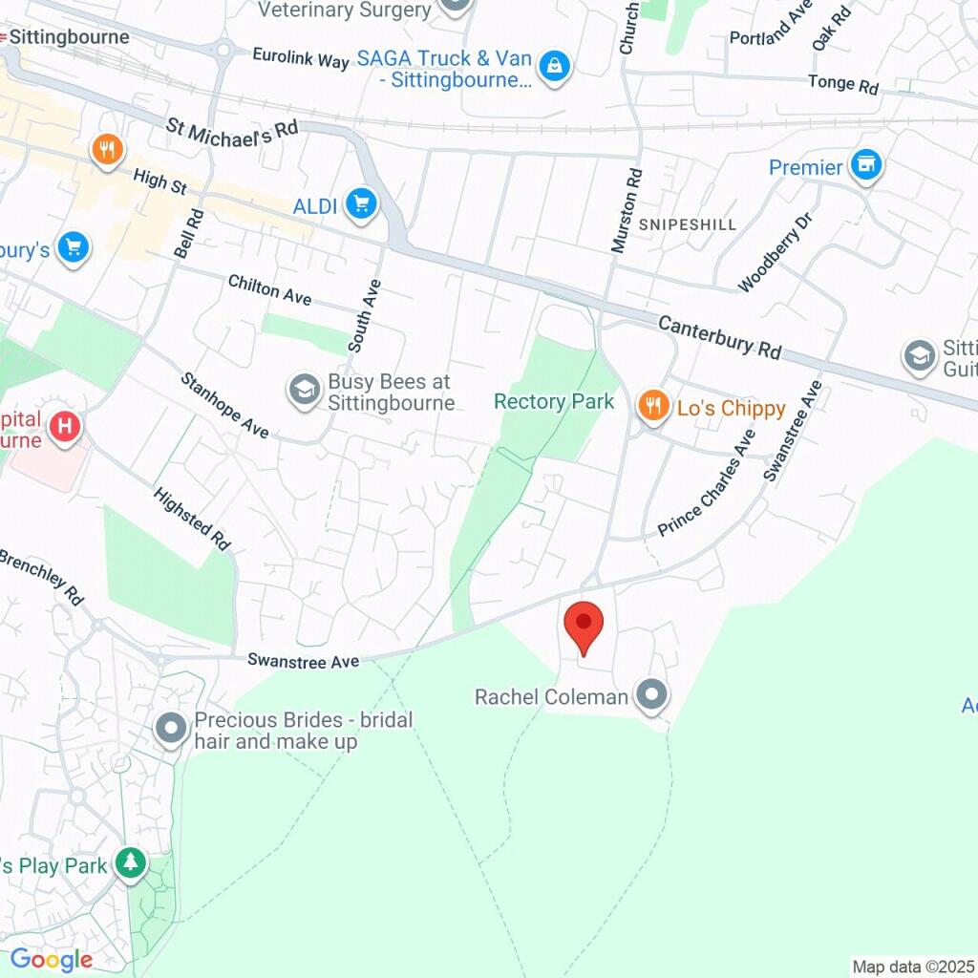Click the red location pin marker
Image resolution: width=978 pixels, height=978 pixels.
click(x=584, y=627)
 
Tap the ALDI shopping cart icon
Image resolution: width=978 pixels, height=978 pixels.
click(x=361, y=203)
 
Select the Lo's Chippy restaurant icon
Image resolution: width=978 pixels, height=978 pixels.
click(x=652, y=406)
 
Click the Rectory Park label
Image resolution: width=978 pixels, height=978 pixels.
click(x=554, y=401)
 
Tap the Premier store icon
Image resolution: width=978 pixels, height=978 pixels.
click(x=866, y=165)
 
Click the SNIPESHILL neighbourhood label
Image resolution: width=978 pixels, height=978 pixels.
click(x=688, y=225)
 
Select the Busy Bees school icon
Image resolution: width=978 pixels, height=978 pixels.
click(x=304, y=390)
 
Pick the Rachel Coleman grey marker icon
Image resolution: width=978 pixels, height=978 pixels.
click(x=652, y=695)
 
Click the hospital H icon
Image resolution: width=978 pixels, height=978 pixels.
click(x=65, y=425)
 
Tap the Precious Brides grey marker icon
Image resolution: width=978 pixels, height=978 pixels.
click(x=172, y=729)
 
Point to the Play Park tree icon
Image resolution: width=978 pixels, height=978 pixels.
click(x=130, y=863)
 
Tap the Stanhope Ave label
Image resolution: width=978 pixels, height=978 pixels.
click(x=225, y=406)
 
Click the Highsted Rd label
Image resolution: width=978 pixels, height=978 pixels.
click(x=192, y=518)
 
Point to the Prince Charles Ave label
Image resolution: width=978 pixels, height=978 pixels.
click(x=707, y=482)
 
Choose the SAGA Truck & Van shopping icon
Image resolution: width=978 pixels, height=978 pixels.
click(x=554, y=67)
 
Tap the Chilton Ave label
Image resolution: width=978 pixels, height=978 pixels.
click(x=269, y=289)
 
